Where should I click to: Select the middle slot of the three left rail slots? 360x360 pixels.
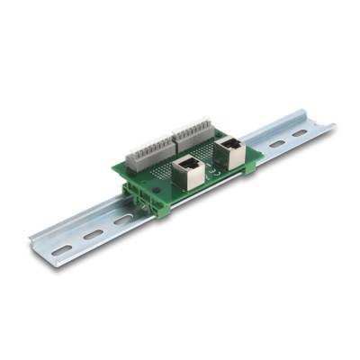93,235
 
